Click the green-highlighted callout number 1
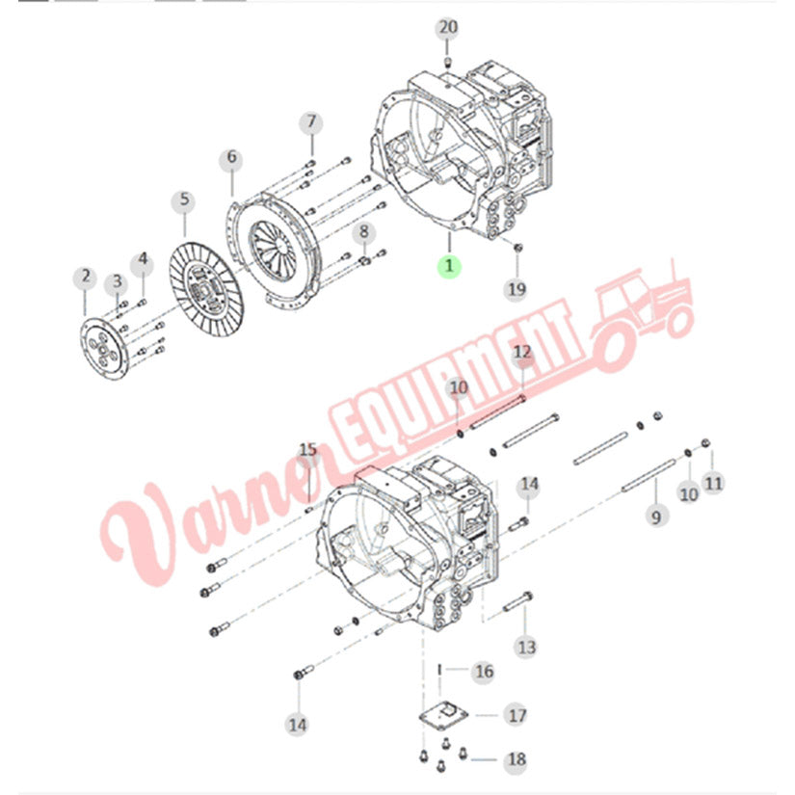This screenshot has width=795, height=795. point(449,265)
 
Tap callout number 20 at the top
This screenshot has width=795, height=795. point(447,27)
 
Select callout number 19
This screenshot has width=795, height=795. point(517,289)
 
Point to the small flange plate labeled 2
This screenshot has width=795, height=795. point(104,348)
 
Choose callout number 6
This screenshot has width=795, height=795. point(231,158)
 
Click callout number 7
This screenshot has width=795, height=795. point(311,122)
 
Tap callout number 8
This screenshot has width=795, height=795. point(364,233)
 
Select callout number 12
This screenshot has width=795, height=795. point(522,353)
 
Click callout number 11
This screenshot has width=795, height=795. point(713,483)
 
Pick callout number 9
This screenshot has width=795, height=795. point(656,517)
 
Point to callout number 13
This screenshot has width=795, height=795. point(526,647)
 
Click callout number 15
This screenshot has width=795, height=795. point(307,450)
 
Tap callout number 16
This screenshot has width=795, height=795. point(483,672)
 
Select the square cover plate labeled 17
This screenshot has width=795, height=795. point(443,715)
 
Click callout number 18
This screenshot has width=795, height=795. point(517,759)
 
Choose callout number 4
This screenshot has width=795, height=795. point(143,259)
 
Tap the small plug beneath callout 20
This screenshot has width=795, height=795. point(448,63)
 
